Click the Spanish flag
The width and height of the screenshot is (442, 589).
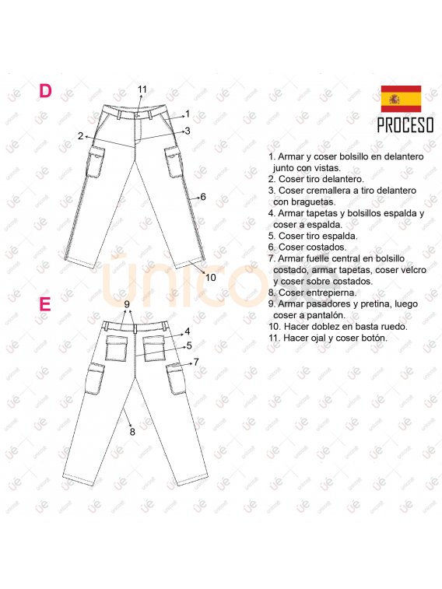(x=401, y=99)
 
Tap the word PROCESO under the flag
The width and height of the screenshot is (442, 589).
(x=405, y=125)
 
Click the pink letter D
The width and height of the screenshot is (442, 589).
(x=45, y=91)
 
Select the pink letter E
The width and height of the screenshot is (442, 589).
(x=44, y=304)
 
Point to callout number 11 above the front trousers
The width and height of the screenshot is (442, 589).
(x=142, y=89)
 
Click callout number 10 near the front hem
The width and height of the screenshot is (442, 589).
(x=211, y=277)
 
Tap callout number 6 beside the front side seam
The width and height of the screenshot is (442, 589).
(x=203, y=196)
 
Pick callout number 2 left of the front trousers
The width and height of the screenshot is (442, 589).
(x=80, y=136)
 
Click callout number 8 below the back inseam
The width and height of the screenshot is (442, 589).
(x=132, y=432)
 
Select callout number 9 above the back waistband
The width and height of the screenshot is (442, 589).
(x=127, y=304)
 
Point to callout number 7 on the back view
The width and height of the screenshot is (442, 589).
(x=196, y=362)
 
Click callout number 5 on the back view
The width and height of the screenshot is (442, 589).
(x=189, y=345)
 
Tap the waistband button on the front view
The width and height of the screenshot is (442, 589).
(x=138, y=114)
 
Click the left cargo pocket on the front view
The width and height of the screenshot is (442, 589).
(x=96, y=162)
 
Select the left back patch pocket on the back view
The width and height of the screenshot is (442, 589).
(x=117, y=349)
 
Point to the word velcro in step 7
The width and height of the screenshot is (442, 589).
(x=412, y=270)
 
